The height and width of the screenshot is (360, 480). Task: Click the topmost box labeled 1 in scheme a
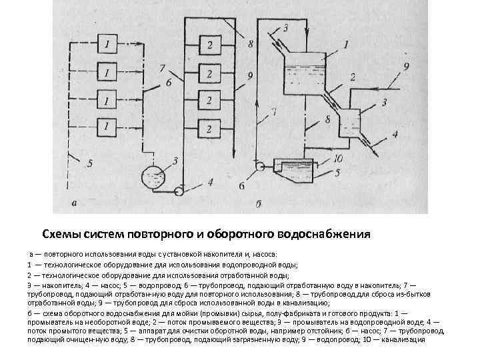(x=108, y=45)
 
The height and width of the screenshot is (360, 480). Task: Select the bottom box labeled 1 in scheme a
(x=108, y=125)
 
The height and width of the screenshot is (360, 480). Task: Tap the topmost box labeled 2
(x=209, y=45)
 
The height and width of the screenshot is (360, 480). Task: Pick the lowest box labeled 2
(x=209, y=128)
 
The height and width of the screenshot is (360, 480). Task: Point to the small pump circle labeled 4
(x=179, y=191)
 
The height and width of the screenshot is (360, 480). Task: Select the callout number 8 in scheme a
(x=250, y=45)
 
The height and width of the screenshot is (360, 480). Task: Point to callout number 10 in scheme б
(x=338, y=158)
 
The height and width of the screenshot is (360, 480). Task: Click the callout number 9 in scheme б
(x=406, y=65)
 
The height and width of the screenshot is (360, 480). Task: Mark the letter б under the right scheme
(x=258, y=202)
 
